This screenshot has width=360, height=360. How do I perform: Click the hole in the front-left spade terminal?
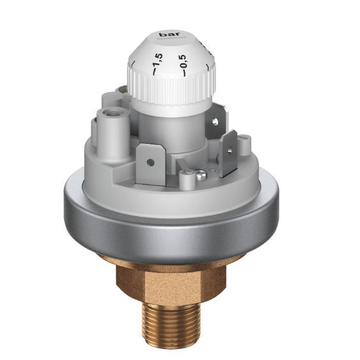tap(150, 162)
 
